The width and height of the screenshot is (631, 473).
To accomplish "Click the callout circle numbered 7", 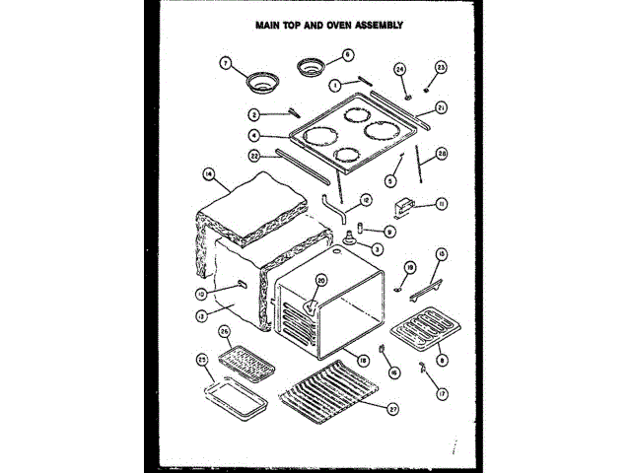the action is [x=225, y=62].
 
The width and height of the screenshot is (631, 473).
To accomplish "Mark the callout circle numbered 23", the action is [x=441, y=67].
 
